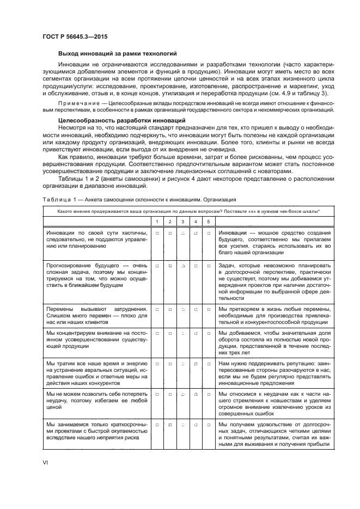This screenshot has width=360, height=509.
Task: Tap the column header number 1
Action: point(157,221)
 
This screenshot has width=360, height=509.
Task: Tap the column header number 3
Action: point(182,221)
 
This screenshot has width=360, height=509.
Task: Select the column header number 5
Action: point(209,221)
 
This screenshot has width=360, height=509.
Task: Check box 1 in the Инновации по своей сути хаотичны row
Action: point(157,233)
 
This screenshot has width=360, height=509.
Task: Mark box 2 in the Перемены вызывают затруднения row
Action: point(170,309)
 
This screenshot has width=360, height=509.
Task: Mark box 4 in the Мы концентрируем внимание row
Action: point(196,333)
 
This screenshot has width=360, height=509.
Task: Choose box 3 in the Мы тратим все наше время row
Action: point(182,363)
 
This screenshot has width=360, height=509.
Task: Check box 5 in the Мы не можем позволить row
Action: point(209,394)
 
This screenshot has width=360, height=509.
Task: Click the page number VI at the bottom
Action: point(46,462)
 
